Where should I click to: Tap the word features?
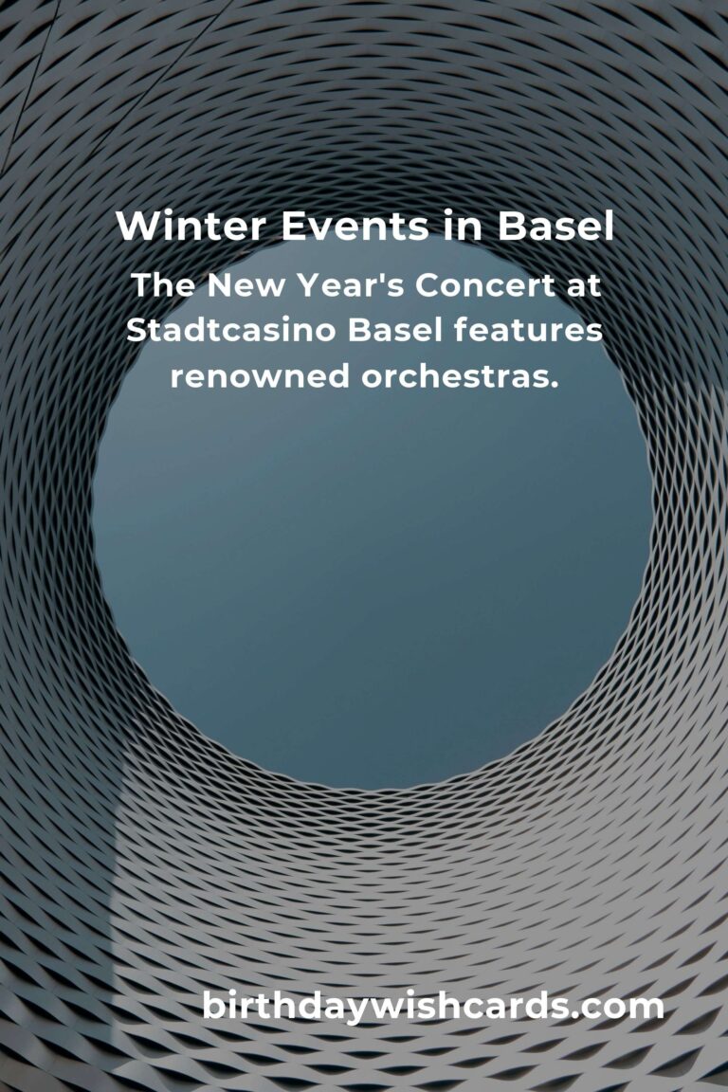(x=537, y=331)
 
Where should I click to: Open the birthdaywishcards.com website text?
(x=432, y=1007)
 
